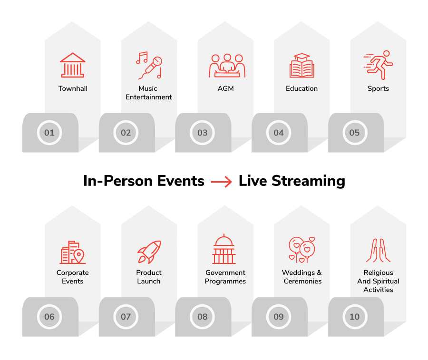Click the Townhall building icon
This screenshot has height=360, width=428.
(73, 65)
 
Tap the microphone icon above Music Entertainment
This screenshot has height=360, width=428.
(149, 65)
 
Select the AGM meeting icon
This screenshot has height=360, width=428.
(227, 66)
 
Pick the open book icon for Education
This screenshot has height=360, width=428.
(302, 66)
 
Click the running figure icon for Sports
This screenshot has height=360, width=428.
(379, 65)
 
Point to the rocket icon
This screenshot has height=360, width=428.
(149, 252)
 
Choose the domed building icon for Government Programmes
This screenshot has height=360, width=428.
(224, 249)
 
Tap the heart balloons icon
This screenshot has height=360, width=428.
(302, 250)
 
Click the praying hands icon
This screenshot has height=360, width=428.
(379, 250)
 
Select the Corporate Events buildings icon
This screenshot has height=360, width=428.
(73, 252)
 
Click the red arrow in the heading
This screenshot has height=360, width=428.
(221, 182)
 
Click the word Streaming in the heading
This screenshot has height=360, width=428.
(309, 181)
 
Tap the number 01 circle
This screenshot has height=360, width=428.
(49, 133)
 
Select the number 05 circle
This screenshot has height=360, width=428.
(355, 133)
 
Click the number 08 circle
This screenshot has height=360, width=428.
(202, 317)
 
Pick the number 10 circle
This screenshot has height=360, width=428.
(355, 317)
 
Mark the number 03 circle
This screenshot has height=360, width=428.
(202, 133)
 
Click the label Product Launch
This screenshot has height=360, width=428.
(149, 277)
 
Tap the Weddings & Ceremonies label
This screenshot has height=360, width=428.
(302, 277)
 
